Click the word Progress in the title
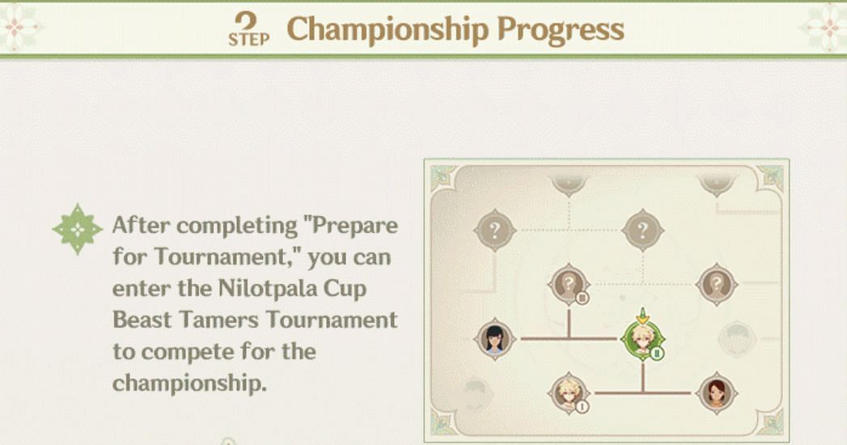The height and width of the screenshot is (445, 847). tap(561, 30)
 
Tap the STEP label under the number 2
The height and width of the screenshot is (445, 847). tap(248, 40)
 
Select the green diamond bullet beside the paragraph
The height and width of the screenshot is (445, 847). tap(78, 229)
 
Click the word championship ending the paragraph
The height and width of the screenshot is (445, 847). tap(189, 384)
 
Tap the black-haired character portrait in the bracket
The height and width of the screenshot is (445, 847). tap(494, 339)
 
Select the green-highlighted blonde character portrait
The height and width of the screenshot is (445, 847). tap(642, 339)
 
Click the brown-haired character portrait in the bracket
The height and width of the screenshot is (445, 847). tap(716, 393)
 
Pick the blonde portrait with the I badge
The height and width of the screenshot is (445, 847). tap(568, 392)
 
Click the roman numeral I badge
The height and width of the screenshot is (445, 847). tap(582, 407)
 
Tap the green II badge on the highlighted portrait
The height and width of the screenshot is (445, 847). tap(657, 354)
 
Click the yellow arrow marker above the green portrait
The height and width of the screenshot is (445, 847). tap(642, 316)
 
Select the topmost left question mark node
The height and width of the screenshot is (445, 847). tap(494, 231)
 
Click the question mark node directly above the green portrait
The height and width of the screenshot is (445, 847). tap(642, 231)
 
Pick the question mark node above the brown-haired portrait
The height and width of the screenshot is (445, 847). tap(716, 284)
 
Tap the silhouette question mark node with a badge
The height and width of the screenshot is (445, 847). tap(568, 284)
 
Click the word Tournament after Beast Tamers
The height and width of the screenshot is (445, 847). tap(332, 320)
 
